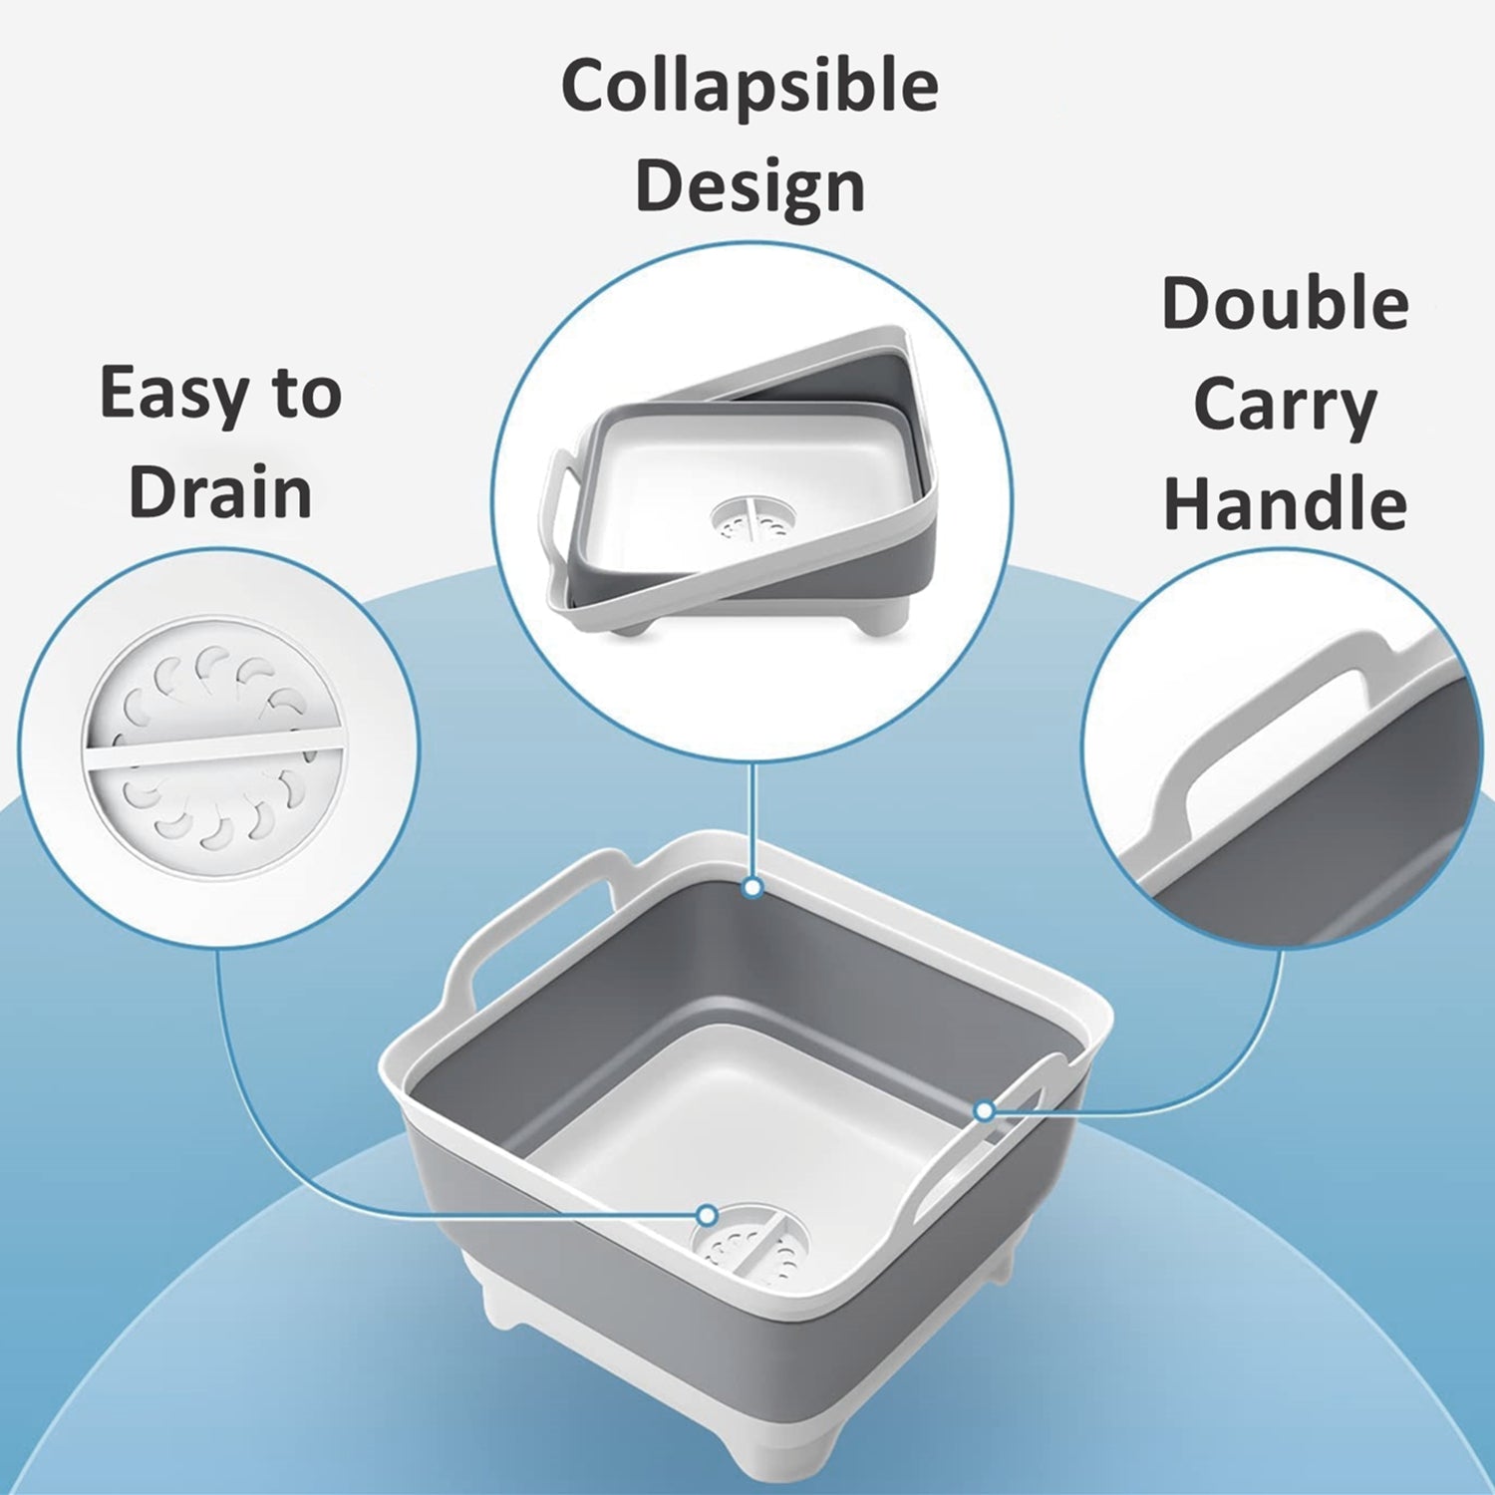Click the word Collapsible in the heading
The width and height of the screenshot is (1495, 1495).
[x=749, y=86]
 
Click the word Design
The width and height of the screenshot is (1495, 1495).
[x=749, y=186]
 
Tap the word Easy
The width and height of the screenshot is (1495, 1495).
[x=160, y=394]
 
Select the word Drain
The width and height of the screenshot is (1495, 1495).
[x=220, y=492]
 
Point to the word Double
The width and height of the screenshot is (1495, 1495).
[x=1285, y=303]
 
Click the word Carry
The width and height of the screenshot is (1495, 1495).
[x=1285, y=405]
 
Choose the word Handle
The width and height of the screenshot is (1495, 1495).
[x=1285, y=503]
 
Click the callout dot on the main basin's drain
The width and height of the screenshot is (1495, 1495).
[x=707, y=1215]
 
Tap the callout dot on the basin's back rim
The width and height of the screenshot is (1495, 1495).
[x=753, y=887]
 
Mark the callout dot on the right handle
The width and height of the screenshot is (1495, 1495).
[x=984, y=1110]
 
